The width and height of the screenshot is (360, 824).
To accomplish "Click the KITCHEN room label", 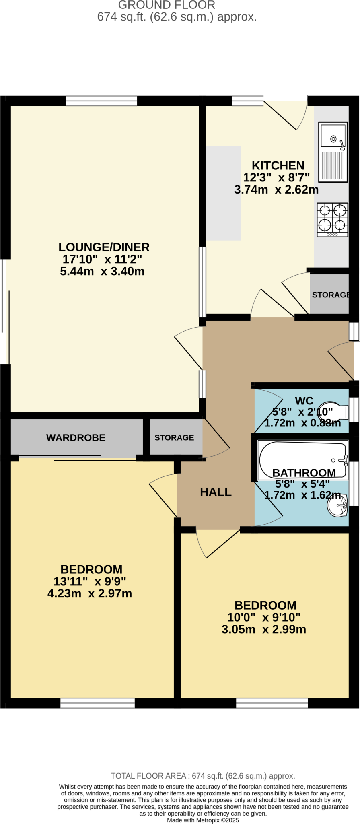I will coord(278,166).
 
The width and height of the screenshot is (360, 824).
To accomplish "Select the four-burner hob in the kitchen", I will coord(333,220).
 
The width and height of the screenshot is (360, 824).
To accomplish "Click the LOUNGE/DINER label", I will coord(104,247).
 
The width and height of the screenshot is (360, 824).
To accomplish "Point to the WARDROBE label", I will coord(76,438).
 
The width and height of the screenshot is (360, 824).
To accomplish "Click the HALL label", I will coord(216,492).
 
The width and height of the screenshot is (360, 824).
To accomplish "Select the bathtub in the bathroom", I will coord(302,459).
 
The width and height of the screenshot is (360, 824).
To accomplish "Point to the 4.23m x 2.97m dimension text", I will coord(90,593).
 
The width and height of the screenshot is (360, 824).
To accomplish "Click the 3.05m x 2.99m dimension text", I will coord(264,629).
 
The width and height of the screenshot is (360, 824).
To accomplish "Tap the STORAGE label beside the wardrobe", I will coord(174,438).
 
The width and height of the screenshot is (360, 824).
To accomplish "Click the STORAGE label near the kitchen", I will coord(330,295).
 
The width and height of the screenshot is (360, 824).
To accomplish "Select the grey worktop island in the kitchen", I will coord(223,193).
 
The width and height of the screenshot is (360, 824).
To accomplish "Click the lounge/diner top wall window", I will coord(101,101).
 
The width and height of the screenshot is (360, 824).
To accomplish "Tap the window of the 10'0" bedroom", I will coord(272,703).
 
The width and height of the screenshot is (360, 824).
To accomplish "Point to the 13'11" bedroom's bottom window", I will coord(97,703).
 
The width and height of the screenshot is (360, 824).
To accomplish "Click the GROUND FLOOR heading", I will coord(167,5).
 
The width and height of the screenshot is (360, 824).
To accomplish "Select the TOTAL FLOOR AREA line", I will coord(203,776).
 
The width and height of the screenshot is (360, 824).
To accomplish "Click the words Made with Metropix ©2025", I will coord(203,820).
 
